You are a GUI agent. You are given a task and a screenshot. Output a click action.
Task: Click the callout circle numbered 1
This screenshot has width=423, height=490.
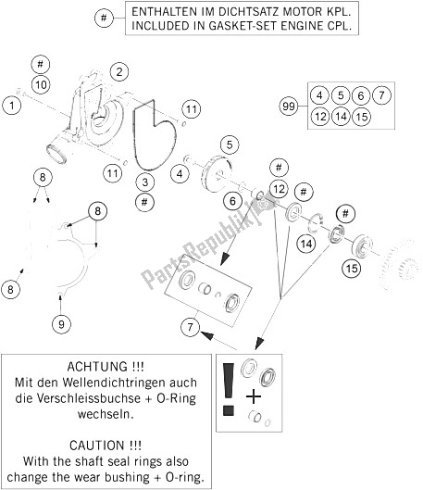(x=11, y=106)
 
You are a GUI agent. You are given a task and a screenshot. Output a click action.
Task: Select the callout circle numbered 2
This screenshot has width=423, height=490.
(x=119, y=72)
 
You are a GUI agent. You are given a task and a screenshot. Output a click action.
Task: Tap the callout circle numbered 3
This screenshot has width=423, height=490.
(x=144, y=182)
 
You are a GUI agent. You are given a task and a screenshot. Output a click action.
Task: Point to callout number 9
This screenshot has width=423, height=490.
(x=61, y=324)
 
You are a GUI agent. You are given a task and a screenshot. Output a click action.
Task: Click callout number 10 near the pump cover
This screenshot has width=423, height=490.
(x=41, y=84)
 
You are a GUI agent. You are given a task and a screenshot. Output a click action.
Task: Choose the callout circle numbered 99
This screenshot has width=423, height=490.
(x=289, y=107)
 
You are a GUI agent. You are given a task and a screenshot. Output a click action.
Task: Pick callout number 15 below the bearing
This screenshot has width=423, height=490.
(x=352, y=268)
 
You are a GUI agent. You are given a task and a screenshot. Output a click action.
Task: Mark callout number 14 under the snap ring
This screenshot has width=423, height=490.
(x=306, y=244)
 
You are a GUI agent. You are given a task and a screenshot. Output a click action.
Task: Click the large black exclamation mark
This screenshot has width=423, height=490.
(x=229, y=389)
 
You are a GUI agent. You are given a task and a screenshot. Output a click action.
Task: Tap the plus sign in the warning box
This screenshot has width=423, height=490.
(x=254, y=397)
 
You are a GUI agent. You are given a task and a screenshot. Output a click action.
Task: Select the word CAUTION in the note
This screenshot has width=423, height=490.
(x=96, y=445)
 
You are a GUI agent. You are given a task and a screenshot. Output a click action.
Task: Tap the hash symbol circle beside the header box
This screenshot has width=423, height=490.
(x=104, y=18)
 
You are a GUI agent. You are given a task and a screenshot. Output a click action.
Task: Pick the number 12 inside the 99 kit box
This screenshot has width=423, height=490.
(x=320, y=117)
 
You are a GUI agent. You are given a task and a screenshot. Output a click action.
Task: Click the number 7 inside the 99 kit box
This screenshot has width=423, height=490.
(x=381, y=95)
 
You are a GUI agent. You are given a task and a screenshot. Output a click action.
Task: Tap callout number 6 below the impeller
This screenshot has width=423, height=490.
(x=232, y=201)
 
